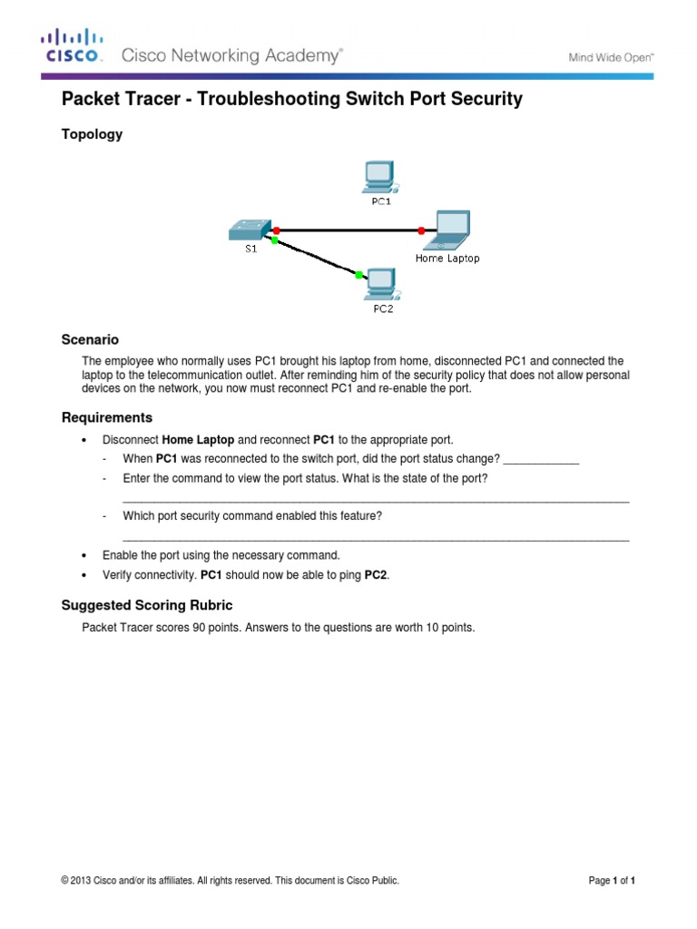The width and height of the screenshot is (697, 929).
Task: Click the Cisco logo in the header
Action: [71, 47]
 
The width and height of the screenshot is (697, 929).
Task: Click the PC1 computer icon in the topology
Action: [377, 177]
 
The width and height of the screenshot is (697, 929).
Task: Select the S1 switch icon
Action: [250, 229]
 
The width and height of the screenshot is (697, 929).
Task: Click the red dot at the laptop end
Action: [421, 231]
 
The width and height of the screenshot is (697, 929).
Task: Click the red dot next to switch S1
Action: [277, 230]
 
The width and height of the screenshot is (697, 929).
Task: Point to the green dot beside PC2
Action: [359, 274]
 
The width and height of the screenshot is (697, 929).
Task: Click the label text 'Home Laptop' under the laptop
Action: [447, 258]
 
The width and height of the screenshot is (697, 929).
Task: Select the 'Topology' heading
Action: [91, 134]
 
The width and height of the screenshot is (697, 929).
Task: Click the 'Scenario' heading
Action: [90, 339]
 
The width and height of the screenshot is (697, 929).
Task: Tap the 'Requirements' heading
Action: [106, 417]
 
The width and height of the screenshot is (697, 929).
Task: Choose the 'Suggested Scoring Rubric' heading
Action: [146, 604]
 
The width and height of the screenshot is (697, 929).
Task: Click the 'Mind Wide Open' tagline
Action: [611, 57]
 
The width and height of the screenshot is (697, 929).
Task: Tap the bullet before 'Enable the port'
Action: [84, 555]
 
